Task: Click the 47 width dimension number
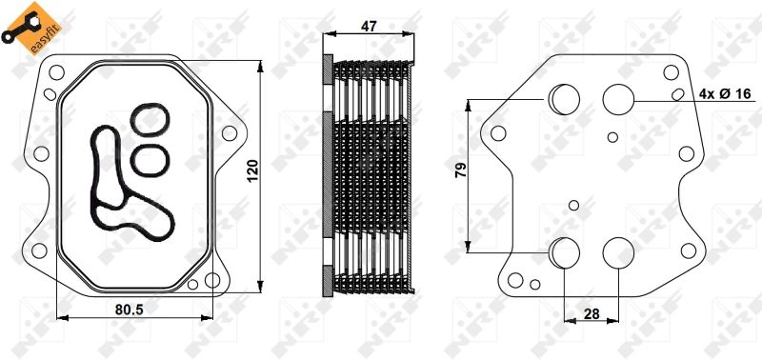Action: (370, 27)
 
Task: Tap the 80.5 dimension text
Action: (130, 309)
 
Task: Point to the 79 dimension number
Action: (460, 170)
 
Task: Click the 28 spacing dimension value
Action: (592, 314)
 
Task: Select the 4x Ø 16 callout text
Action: (725, 93)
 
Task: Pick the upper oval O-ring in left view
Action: (150, 120)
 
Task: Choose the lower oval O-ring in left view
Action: (150, 159)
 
